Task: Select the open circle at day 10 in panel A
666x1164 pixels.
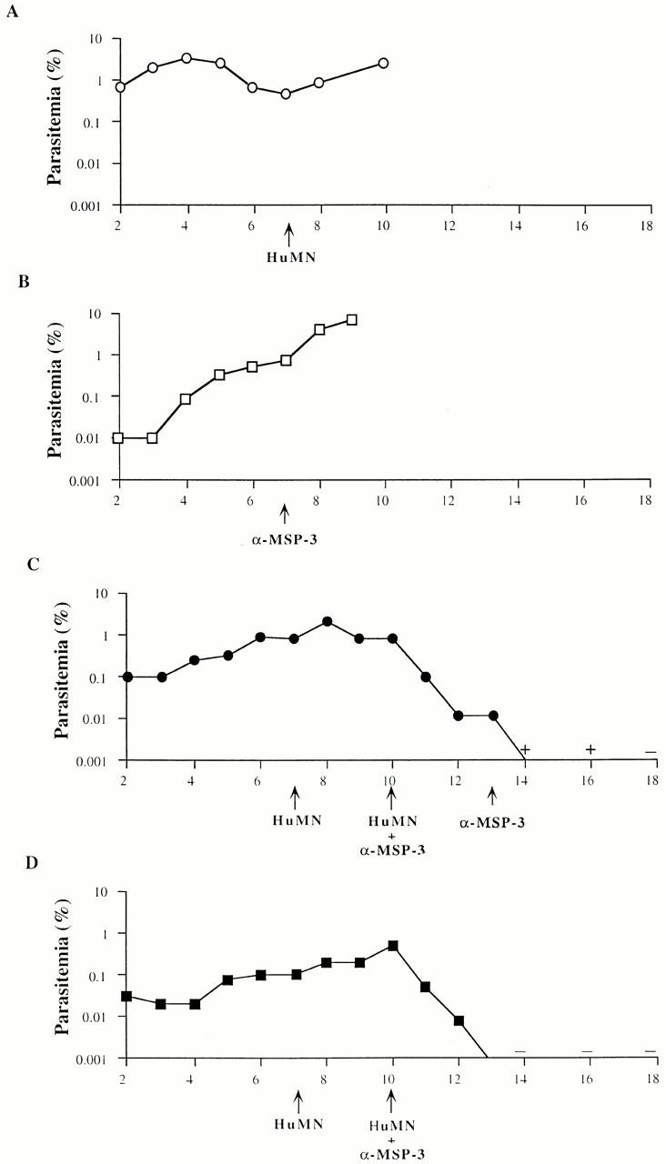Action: tap(383, 63)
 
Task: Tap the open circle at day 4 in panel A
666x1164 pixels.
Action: tap(186, 58)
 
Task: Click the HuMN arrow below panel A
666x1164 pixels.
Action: tap(288, 236)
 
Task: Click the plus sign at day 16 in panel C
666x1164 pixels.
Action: tap(591, 749)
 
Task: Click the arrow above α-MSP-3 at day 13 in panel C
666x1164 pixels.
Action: tap(492, 797)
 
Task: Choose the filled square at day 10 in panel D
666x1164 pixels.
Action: tap(393, 946)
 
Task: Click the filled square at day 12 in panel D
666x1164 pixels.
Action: tap(459, 1020)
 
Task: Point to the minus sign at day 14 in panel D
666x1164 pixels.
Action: tap(520, 1051)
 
